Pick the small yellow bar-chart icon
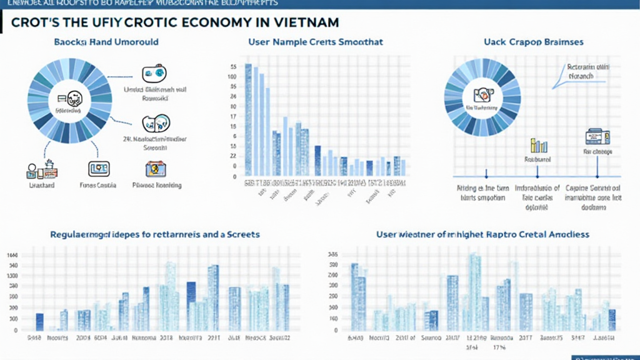click(539, 146)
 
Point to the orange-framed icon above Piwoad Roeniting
click(155, 168)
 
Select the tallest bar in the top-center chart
click(248, 119)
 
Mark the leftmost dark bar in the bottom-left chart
click(40, 321)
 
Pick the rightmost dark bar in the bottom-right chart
click(612, 319)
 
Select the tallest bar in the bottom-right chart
click(475, 291)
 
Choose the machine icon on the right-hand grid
click(593, 137)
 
